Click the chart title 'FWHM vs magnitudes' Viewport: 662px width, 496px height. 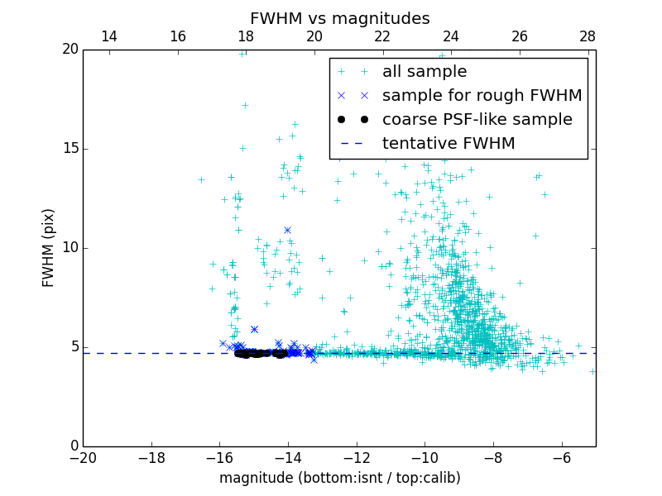point(339,18)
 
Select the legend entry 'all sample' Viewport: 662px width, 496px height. point(425,72)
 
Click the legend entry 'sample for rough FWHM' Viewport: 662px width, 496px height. point(482,96)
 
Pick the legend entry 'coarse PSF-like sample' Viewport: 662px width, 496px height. point(477,120)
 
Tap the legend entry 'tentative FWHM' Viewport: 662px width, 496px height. point(449,144)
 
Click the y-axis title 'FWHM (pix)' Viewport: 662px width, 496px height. point(49,248)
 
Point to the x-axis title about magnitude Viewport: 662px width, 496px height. point(339,478)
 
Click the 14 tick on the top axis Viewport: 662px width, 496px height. point(108,37)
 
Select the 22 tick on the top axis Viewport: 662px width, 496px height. point(382,37)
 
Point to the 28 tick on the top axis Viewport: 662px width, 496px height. point(588,37)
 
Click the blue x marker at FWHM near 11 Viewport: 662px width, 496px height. point(287,230)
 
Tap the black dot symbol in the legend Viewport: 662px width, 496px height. point(353,120)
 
